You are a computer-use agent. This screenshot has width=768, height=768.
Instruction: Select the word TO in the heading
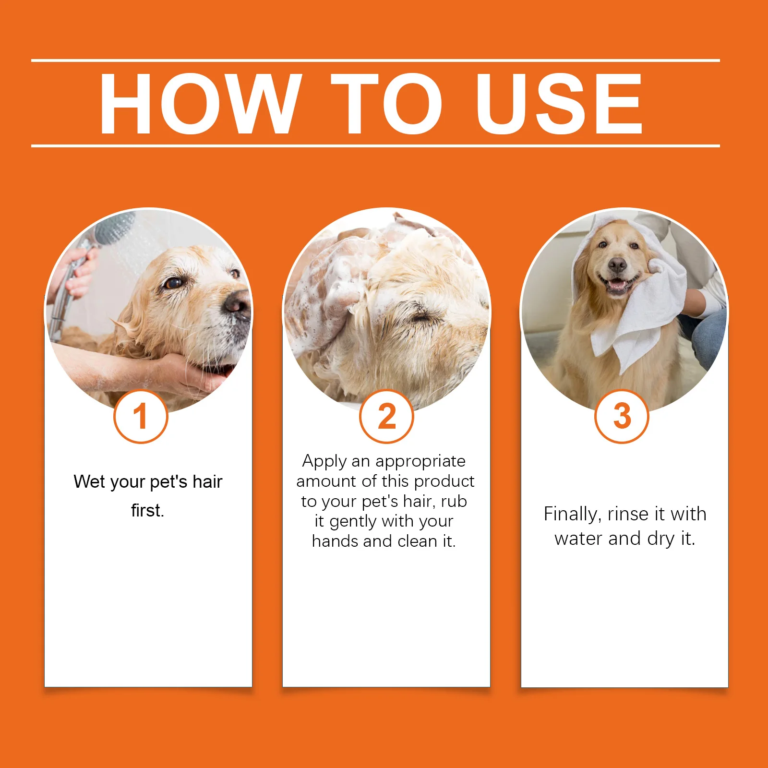[386, 103]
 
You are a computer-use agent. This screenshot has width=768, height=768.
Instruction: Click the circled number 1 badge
[141, 417]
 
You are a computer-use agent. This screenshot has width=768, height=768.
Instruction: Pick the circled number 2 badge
[386, 417]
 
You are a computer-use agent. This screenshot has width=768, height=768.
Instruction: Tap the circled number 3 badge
[622, 417]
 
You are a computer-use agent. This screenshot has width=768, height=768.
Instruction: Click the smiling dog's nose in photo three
[617, 264]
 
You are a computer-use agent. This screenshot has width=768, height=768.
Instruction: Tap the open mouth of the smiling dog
[618, 286]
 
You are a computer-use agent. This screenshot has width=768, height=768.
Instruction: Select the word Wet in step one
[89, 481]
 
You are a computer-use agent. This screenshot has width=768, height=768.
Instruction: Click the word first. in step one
[147, 510]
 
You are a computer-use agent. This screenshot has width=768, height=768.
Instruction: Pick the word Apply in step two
[324, 461]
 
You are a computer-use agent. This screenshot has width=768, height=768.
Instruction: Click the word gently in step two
[353, 521]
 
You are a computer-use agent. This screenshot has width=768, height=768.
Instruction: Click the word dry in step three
[660, 539]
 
